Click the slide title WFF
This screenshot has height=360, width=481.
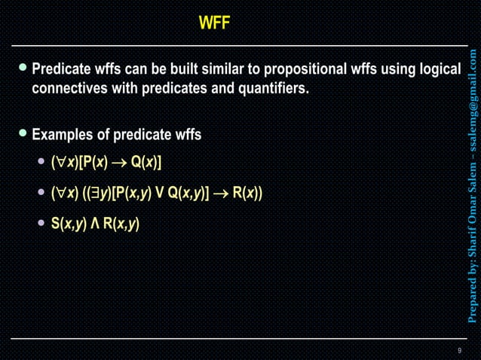(214, 24)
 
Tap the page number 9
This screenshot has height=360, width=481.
(459, 351)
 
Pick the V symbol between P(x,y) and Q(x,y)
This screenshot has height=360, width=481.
(159, 193)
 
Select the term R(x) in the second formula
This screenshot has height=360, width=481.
(245, 193)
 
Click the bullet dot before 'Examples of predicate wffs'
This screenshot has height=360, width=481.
(23, 134)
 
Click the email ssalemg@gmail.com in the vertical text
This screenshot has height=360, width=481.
(472, 98)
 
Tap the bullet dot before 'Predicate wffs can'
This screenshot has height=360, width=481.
(23, 69)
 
